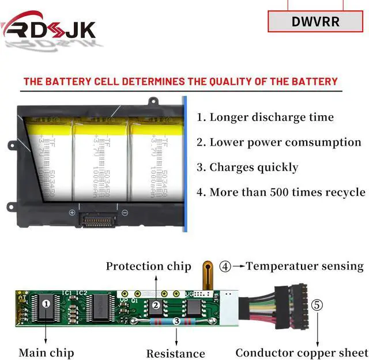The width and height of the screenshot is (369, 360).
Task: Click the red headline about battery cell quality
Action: [180, 81]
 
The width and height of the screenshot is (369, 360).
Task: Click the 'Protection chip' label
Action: [148, 266]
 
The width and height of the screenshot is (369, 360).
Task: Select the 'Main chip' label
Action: [46, 353]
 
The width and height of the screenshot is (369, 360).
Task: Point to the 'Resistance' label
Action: [175, 353]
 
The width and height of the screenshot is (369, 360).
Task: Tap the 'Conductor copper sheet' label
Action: [301, 353]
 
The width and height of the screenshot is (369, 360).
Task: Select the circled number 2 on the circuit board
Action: [156, 306]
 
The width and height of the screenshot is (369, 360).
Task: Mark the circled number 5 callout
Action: [318, 305]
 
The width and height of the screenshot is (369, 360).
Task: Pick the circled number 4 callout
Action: [225, 266]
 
